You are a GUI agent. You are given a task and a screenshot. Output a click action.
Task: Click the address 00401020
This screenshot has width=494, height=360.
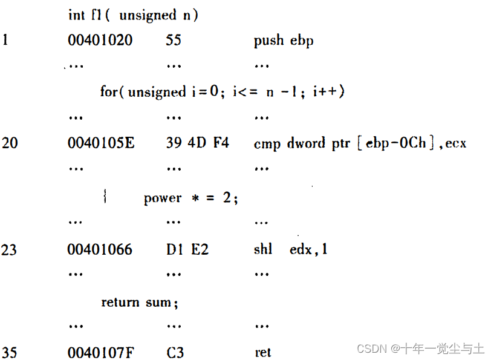pos(100,41)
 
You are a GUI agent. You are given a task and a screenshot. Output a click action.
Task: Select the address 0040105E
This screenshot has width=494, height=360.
pos(101,143)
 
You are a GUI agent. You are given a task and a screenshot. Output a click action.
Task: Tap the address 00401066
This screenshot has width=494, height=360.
pos(100,249)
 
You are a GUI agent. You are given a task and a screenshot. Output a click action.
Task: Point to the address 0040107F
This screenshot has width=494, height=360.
pos(100,352)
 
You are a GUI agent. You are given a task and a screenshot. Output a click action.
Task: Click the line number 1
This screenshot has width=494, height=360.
pos(5,41)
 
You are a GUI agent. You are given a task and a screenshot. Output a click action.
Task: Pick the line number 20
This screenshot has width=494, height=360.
pos(10,143)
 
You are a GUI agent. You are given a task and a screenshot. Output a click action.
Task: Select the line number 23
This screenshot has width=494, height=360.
pos(10,249)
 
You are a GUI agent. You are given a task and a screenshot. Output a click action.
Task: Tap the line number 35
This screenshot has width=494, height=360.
pos(10,352)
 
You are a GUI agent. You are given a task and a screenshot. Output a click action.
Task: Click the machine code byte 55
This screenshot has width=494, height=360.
pos(173,41)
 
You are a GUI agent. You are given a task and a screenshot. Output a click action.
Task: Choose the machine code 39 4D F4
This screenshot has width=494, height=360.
pos(197,143)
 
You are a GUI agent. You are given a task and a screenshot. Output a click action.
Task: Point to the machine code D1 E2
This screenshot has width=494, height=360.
pos(187,249)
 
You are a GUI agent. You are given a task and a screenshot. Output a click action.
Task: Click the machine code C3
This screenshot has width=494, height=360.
pos(175,352)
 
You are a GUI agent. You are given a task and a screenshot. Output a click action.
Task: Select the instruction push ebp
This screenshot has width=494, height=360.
pos(284,41)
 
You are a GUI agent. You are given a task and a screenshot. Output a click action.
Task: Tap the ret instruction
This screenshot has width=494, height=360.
pos(262,353)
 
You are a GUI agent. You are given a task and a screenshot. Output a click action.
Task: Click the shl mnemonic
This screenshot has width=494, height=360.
pos(263,249)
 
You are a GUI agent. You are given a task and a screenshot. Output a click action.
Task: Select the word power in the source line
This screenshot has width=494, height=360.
pos(163,198)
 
